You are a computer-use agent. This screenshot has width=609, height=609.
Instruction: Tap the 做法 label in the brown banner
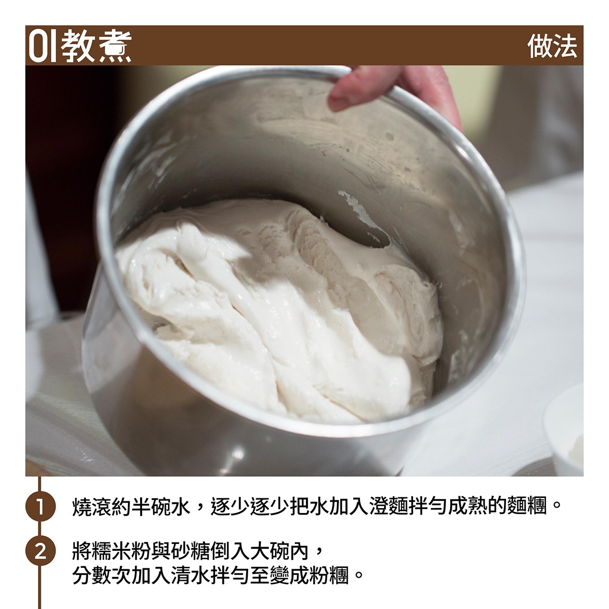tap(552, 46)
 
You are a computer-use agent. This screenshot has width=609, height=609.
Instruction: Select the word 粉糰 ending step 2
tap(329, 576)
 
